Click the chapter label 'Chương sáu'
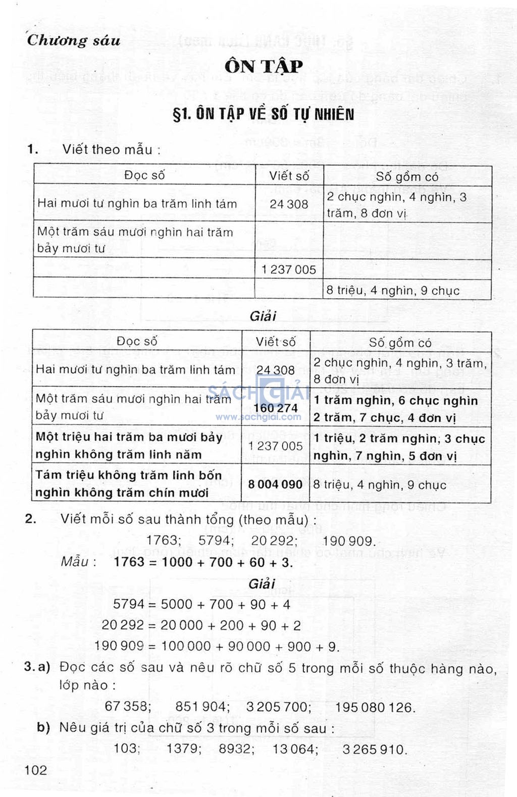(x=74, y=40)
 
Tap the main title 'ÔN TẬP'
(x=264, y=66)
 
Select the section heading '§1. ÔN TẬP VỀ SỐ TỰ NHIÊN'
(x=263, y=114)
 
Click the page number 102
(x=36, y=770)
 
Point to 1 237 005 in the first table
(x=289, y=270)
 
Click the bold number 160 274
(x=276, y=408)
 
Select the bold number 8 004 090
(x=275, y=485)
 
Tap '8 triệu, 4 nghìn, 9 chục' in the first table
(x=393, y=291)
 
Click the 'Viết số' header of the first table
(x=289, y=176)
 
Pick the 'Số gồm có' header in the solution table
(x=400, y=343)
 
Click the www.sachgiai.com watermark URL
(x=258, y=417)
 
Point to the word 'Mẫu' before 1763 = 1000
(x=75, y=562)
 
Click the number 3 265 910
(x=374, y=749)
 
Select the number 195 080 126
(x=375, y=708)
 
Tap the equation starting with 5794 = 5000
(x=201, y=604)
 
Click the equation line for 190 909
(x=217, y=646)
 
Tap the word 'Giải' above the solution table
(x=263, y=316)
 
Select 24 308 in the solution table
(x=276, y=370)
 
